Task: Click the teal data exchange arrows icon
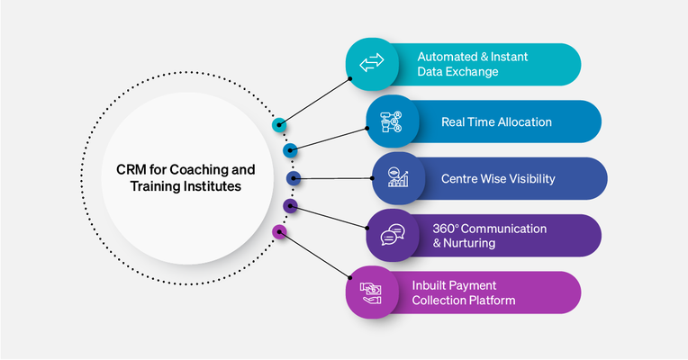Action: (x=372, y=64)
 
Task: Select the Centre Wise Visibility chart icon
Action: (x=398, y=178)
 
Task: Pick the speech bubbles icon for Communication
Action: (x=392, y=235)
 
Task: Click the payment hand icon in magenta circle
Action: (x=372, y=292)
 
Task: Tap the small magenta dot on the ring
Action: (x=279, y=231)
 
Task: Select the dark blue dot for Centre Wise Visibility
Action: (x=293, y=178)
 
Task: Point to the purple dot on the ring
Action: (x=290, y=206)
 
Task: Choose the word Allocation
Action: (x=522, y=121)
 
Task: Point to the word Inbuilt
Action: (x=430, y=284)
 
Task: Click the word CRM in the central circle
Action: (x=130, y=169)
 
